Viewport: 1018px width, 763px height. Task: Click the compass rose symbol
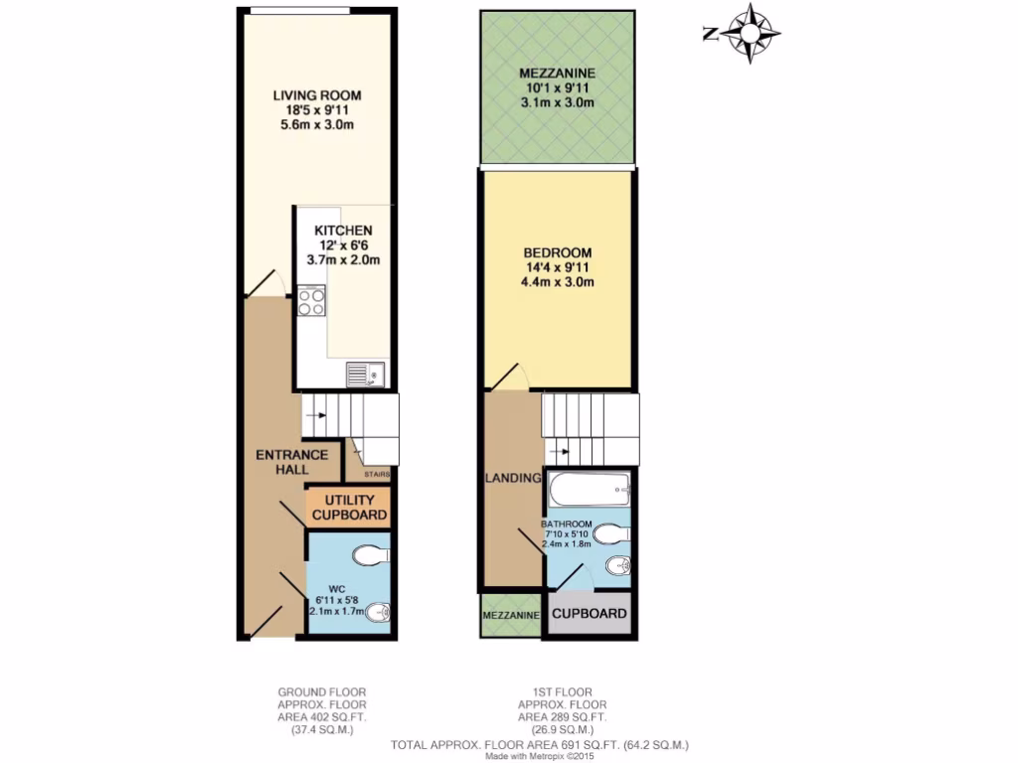coord(747,34)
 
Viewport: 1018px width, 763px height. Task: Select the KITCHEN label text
coord(343,230)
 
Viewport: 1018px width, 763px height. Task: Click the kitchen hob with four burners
coord(311,299)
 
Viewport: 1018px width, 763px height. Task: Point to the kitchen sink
coord(365,375)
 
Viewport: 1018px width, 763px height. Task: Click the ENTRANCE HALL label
coord(291,462)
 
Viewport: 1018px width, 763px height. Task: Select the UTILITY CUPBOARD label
coord(349,508)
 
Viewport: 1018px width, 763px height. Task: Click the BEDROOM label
coord(557,252)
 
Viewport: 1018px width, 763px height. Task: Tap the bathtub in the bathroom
coord(590,488)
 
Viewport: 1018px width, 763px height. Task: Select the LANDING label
coord(512,479)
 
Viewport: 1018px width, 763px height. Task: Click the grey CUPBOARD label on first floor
coord(590,613)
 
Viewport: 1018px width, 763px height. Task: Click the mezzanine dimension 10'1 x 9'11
coord(557,88)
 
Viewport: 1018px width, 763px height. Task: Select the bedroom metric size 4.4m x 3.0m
coord(557,282)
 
